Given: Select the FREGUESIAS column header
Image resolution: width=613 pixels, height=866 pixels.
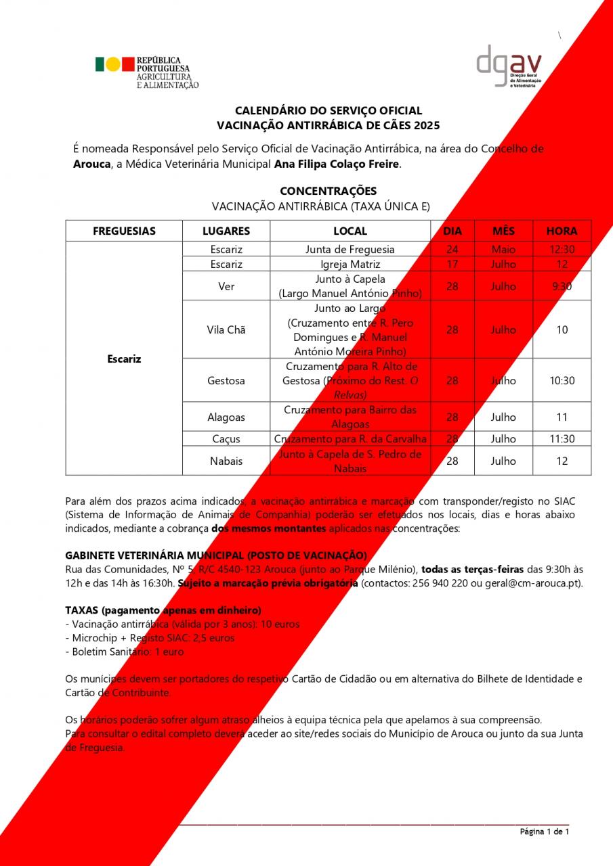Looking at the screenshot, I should (x=124, y=231).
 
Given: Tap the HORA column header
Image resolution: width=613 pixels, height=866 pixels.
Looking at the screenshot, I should (x=562, y=231).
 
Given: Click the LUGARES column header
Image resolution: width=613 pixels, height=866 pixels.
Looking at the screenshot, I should (x=226, y=231).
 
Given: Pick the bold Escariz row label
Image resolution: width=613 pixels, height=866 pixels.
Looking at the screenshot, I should (x=124, y=359).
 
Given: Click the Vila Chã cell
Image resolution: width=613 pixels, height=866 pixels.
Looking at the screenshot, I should (x=226, y=330).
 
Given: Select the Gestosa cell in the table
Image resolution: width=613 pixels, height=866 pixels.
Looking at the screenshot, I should (x=226, y=381).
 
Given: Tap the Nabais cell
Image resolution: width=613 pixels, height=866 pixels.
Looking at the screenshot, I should (x=226, y=461).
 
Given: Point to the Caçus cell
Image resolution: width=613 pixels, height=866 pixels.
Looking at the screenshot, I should (x=226, y=439).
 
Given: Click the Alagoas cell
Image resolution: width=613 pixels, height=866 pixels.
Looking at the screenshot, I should (x=226, y=417).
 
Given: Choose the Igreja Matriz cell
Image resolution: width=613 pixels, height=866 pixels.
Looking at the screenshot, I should (x=350, y=264).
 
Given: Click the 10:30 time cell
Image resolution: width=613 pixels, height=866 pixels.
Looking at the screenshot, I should (x=562, y=381).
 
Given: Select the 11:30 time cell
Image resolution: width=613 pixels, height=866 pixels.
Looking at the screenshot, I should (x=562, y=439).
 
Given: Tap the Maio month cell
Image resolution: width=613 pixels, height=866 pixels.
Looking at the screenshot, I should (x=503, y=250).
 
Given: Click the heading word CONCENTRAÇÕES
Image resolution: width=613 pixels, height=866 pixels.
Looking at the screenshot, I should (x=328, y=191).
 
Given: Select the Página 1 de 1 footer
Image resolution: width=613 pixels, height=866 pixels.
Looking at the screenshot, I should (x=544, y=831).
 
